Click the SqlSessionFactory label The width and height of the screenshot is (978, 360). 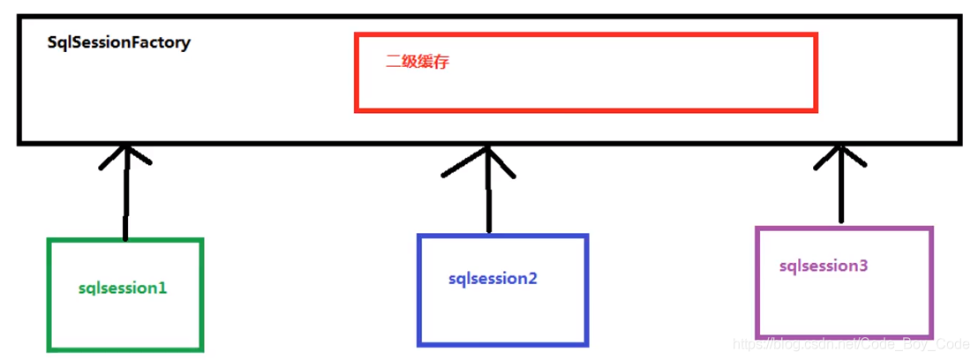click(x=118, y=42)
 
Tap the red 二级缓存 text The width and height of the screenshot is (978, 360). click(x=418, y=63)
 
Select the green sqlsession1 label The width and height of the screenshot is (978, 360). click(x=123, y=288)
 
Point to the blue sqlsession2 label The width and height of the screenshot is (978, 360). click(x=493, y=279)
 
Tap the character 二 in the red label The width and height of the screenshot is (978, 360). click(x=394, y=63)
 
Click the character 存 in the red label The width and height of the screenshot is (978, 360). click(x=441, y=63)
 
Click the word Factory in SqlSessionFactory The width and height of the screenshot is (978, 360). click(x=162, y=42)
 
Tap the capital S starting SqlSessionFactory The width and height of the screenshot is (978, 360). click(x=52, y=42)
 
